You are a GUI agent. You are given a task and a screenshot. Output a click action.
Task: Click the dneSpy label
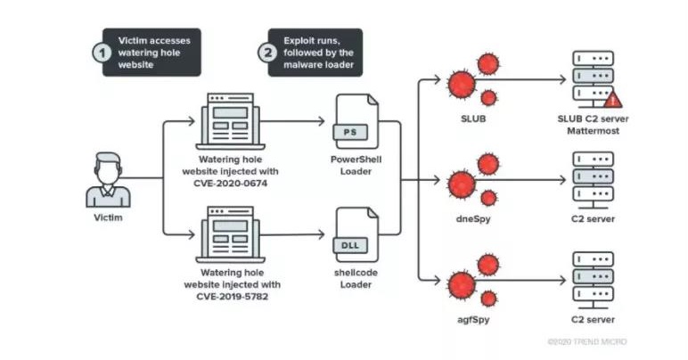472,218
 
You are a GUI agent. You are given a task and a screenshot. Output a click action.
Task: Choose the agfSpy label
472,317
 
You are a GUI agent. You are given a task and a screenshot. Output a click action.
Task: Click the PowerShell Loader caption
350,165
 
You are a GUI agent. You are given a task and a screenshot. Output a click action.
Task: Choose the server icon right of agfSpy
592,280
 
